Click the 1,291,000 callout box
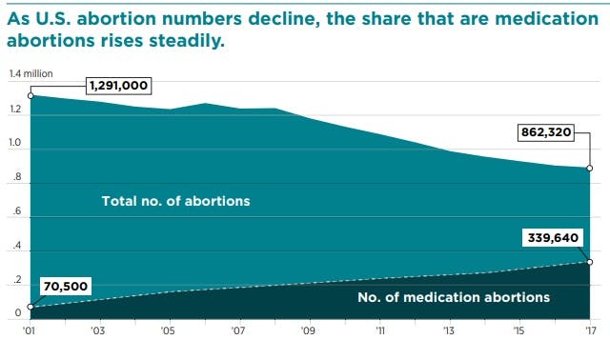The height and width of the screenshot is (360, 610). pos(118,86)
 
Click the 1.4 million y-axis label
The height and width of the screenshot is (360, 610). pos(31,74)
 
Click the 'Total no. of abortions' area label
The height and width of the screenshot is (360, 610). pos(175,201)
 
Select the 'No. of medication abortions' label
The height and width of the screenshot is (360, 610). pos(453,297)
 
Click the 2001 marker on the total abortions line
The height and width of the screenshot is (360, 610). pos(30,95)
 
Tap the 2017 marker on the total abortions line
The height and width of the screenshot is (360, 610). pos(590,169)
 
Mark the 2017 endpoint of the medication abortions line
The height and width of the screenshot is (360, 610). pos(590,261)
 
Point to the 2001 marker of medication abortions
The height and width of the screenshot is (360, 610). pos(30,307)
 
